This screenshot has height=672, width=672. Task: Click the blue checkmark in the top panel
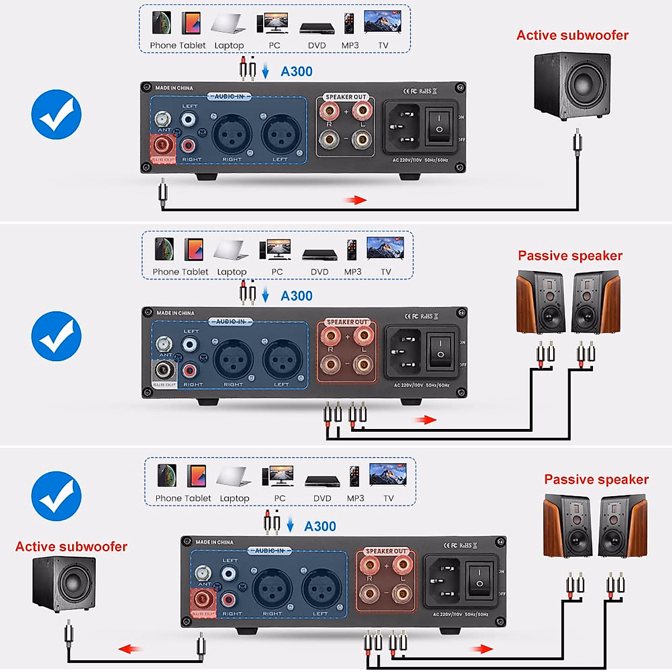pyautogui.click(x=56, y=114)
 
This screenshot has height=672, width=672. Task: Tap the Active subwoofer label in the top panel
pyautogui.click(x=572, y=35)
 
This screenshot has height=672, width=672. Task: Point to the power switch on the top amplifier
pyautogui.click(x=439, y=126)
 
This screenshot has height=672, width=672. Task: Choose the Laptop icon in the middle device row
pyautogui.click(x=231, y=250)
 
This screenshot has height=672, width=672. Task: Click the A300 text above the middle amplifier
pyautogui.click(x=296, y=296)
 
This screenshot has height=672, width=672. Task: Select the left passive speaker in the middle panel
pyautogui.click(x=540, y=302)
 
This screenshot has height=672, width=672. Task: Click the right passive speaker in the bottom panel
pyautogui.click(x=622, y=526)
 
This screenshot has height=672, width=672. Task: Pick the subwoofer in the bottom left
pyautogui.click(x=64, y=585)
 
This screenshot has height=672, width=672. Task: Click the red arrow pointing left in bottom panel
pyautogui.click(x=129, y=649)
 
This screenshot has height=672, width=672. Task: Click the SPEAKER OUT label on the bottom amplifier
pyautogui.click(x=386, y=551)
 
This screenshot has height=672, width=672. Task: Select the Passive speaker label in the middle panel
pyautogui.click(x=570, y=256)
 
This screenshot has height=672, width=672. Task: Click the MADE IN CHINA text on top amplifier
pyautogui.click(x=174, y=88)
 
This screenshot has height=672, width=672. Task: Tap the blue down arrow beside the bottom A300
pyautogui.click(x=290, y=525)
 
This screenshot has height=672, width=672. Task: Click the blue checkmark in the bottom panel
pyautogui.click(x=56, y=496)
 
